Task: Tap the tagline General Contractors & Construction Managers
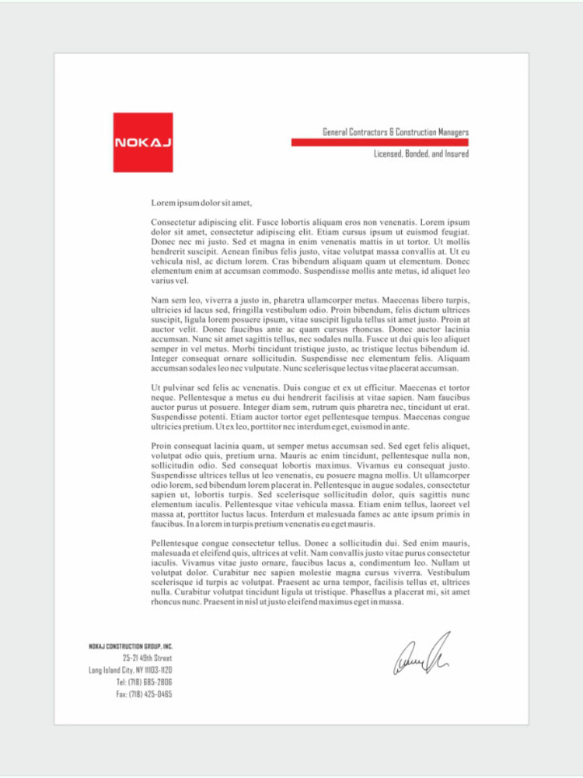tap(395, 132)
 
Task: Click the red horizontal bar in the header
tap(379, 143)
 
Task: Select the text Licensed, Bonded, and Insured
tap(421, 154)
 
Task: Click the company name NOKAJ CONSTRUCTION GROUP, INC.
tap(131, 647)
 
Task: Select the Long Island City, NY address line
tap(131, 670)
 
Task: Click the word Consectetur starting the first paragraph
tap(174, 223)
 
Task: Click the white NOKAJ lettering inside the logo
tap(143, 142)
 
